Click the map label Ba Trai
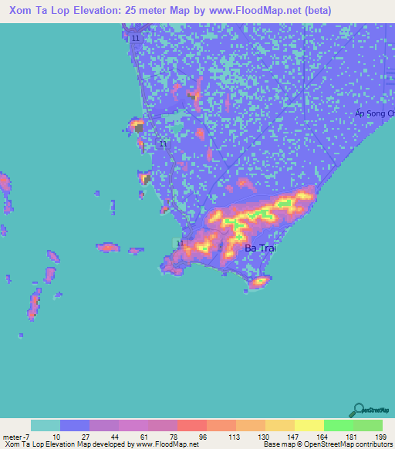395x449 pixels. coord(259,248)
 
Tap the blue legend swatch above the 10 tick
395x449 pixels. coord(75,425)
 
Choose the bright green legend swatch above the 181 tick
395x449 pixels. coord(338,425)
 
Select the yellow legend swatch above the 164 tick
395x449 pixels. coord(309,425)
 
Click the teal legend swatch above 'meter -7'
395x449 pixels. coord(46,425)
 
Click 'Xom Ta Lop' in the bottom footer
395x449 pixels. coord(22,444)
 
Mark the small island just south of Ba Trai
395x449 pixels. coord(258,282)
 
